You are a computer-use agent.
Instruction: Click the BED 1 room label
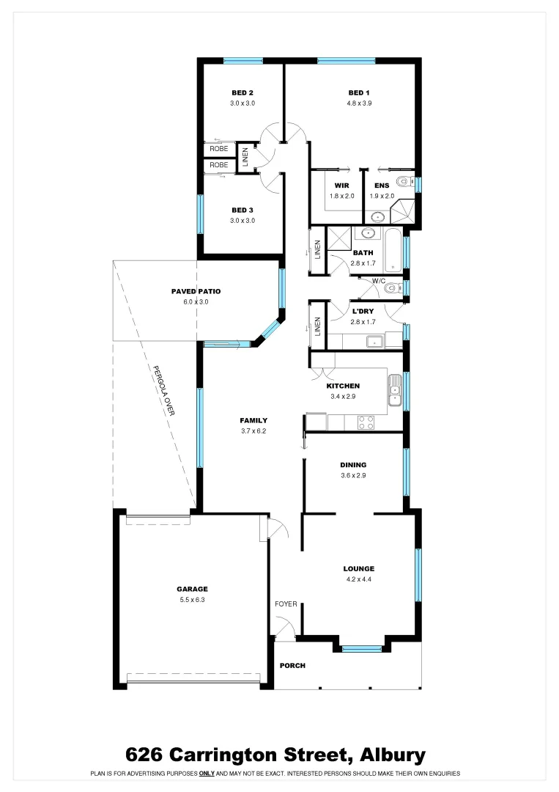coord(358,92)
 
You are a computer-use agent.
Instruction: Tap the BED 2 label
coord(243,92)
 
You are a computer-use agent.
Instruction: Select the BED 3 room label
coord(243,210)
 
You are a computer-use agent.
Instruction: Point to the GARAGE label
coord(192,589)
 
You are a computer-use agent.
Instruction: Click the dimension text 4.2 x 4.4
coord(359,579)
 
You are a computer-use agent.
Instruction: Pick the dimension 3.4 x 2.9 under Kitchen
coord(343,397)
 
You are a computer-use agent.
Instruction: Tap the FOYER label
coord(286,604)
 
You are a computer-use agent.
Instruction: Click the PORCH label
coord(292,666)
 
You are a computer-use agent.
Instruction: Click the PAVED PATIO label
coord(196,291)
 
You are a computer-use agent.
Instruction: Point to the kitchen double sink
coord(395,389)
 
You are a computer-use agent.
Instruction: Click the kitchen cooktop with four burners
coord(365,422)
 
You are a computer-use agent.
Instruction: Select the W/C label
coord(379,281)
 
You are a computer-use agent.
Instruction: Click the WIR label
coord(341,186)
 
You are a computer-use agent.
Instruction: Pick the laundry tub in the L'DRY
coord(375,341)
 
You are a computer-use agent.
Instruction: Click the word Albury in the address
coord(392,755)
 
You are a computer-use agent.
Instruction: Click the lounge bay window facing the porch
coord(362,648)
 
